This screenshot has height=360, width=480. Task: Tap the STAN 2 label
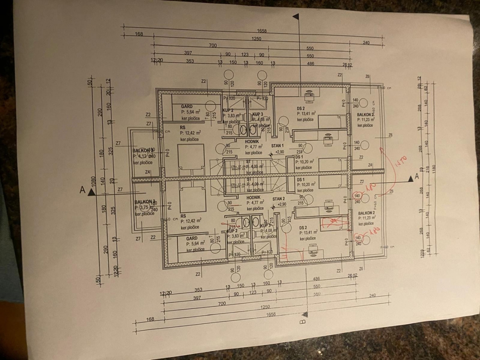pos(278,199)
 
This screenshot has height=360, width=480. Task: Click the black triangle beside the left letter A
pos(92,192)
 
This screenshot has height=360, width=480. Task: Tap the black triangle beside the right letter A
pos(410,180)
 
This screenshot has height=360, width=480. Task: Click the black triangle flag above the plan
pos(296,16)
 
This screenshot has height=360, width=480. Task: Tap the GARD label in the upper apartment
pos(186,106)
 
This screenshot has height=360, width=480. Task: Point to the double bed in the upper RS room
pos(191,159)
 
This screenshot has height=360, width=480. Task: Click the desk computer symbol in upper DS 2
pos(310,96)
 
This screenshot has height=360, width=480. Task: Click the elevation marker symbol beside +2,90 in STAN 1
pos(271,154)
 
